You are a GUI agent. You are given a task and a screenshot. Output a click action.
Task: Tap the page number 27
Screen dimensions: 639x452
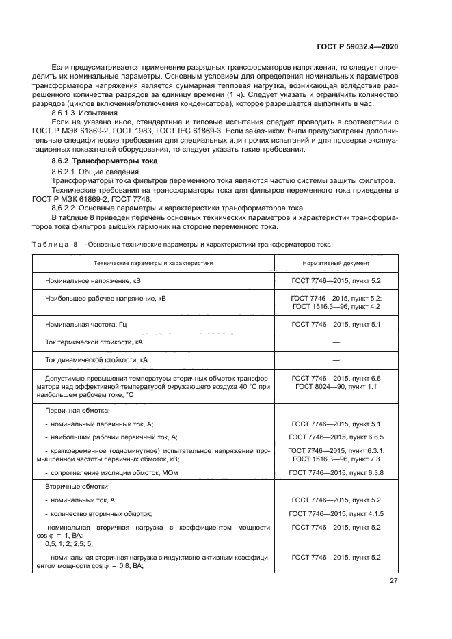click(394, 582)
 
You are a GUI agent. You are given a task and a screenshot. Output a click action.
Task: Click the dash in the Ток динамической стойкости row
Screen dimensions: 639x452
click(336, 359)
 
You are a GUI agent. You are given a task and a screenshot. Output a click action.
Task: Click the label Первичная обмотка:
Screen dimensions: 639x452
click(73, 411)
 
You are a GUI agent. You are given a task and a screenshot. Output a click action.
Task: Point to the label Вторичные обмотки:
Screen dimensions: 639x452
click(73, 487)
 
